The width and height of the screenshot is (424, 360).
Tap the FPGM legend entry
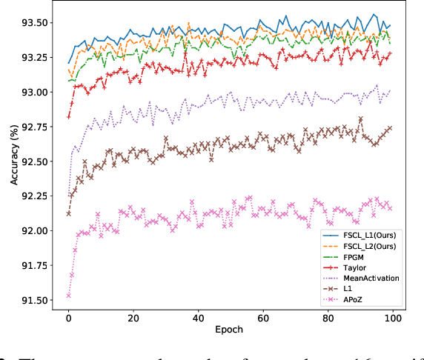pos(350,256)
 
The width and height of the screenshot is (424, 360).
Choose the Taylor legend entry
pos(351,267)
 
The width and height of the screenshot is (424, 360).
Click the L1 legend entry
pos(345,290)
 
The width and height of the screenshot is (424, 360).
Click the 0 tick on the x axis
pos(69,318)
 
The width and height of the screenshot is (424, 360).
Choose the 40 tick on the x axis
pos(198,318)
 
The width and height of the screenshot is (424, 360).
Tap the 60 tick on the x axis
pos(262,318)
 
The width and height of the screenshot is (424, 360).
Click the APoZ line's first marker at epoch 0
pos(69,296)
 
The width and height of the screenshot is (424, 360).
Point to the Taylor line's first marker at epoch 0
pos(69,116)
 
